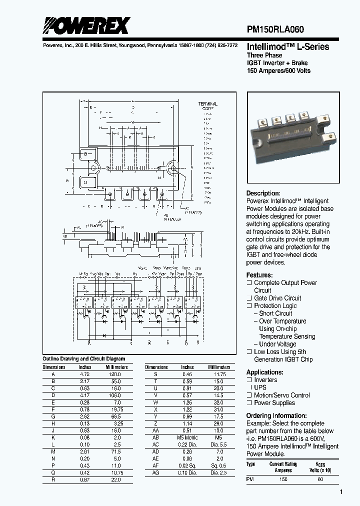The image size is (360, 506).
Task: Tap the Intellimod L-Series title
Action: [x=288, y=46]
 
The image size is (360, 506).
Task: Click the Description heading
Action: [x=263, y=193]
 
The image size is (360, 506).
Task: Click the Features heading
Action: [x=259, y=275]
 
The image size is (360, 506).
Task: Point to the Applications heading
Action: [x=265, y=372]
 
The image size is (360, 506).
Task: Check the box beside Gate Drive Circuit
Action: [x=249, y=298]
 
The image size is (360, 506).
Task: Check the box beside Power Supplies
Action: [x=249, y=402]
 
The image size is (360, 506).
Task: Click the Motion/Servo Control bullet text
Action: [x=282, y=395]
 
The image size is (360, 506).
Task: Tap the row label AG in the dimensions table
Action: [x=156, y=471]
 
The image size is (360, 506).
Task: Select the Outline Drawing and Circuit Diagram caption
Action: [x=83, y=359]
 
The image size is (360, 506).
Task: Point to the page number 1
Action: [x=341, y=492]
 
